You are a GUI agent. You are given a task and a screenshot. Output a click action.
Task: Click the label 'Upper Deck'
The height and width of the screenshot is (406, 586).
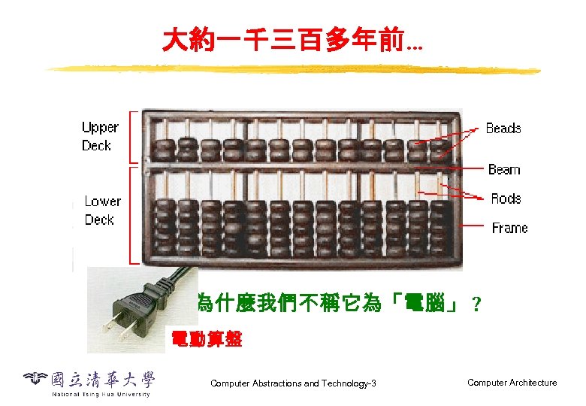tap(99, 137)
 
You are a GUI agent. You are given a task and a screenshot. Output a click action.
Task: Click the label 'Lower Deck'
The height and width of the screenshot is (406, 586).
tap(102, 211)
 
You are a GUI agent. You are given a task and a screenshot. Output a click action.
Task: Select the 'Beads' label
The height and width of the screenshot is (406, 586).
tap(503, 129)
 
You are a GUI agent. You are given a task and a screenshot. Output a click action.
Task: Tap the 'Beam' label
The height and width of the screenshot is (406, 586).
tap(503, 170)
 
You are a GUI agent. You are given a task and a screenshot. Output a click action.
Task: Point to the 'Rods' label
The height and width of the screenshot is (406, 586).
tap(505, 198)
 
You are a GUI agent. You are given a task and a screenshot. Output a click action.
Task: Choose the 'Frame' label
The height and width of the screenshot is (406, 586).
tap(509, 228)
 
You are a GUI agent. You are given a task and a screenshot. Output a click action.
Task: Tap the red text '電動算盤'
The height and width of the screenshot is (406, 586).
tap(207, 339)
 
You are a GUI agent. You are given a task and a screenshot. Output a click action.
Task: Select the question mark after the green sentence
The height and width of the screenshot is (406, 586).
tap(474, 305)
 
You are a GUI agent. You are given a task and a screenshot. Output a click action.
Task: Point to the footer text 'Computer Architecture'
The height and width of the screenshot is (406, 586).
tap(512, 383)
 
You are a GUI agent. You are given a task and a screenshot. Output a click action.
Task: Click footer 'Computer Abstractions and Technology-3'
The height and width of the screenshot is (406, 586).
tap(293, 383)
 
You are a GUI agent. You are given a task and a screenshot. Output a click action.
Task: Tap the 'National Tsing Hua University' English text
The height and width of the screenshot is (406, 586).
tap(101, 393)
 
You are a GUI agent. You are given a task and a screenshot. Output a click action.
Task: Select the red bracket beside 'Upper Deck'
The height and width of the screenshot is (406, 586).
tap(134, 137)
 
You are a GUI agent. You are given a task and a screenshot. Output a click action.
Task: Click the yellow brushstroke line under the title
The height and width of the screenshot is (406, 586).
tap(293, 70)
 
